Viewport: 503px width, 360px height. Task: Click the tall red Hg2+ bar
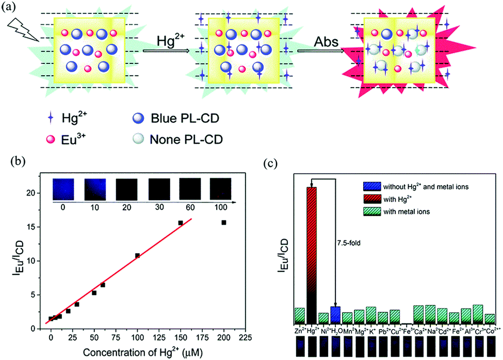coord(312,253)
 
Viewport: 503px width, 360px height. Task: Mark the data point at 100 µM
coord(137,255)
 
